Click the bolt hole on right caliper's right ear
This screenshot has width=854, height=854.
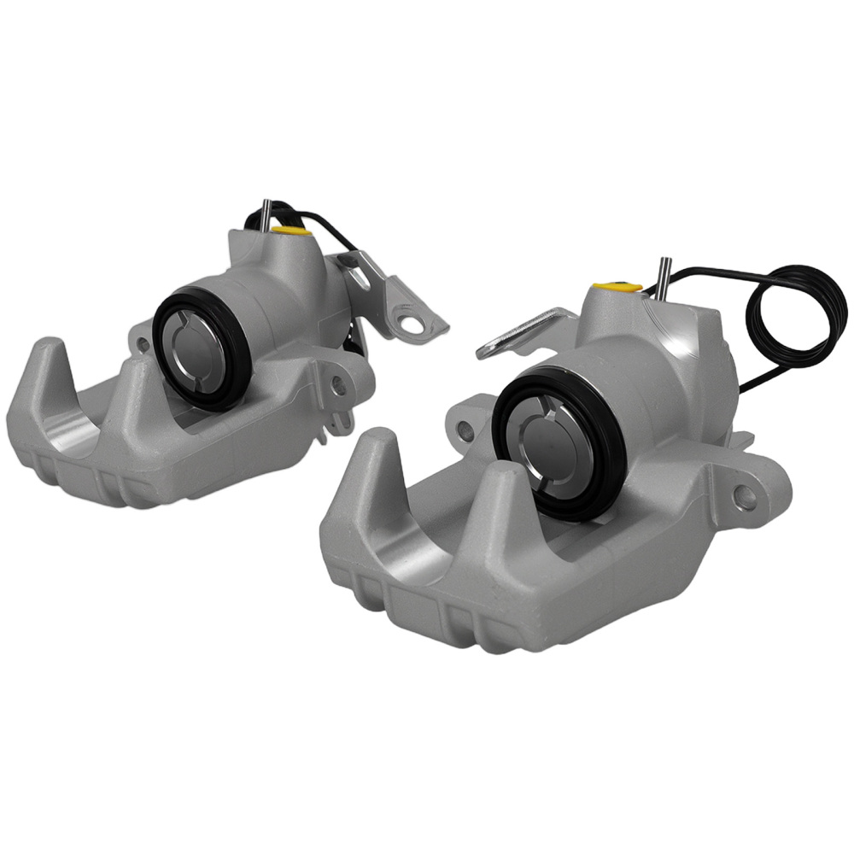coord(749,493)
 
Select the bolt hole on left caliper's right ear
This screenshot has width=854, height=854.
coord(340,385)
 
